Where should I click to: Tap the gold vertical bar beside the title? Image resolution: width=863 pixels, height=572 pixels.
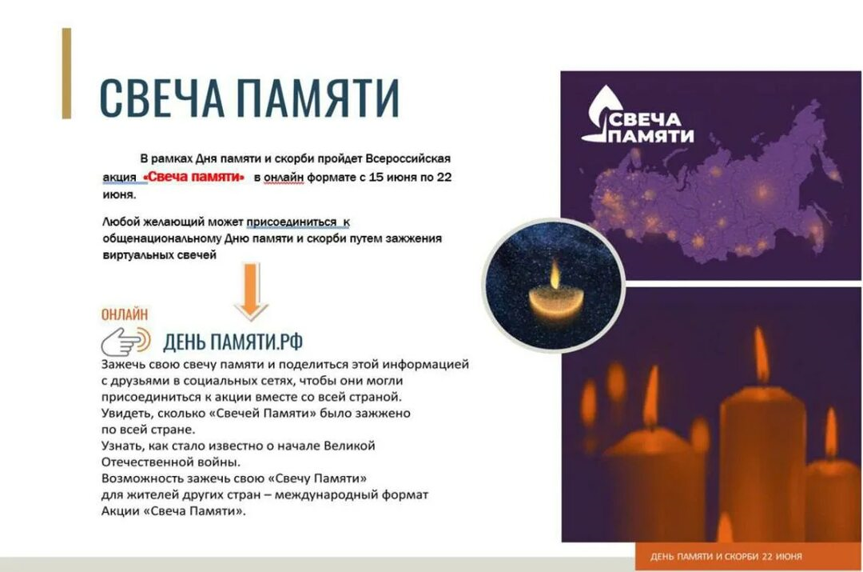66,74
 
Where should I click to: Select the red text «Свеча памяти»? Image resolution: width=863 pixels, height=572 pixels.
193,177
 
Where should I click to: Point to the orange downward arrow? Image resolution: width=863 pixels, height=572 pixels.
251,292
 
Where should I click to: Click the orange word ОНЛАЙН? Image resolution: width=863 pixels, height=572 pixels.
125,314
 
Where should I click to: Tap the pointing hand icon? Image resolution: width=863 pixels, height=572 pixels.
126,342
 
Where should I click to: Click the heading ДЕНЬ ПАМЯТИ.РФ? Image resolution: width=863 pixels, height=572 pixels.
233,342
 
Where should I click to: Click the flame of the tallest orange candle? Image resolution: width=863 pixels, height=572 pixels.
762,354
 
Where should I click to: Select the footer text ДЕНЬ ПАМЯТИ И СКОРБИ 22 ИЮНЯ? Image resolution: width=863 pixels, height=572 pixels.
726,557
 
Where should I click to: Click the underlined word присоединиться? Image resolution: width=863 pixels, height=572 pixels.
291,222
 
